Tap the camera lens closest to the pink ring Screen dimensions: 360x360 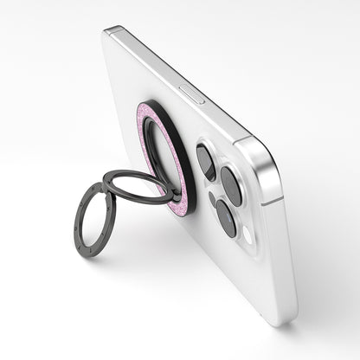[x=206, y=160]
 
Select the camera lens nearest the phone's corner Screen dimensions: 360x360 [x=232, y=184]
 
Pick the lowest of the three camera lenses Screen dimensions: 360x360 [x=224, y=217]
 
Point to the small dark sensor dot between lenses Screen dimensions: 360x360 [x=213, y=198]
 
